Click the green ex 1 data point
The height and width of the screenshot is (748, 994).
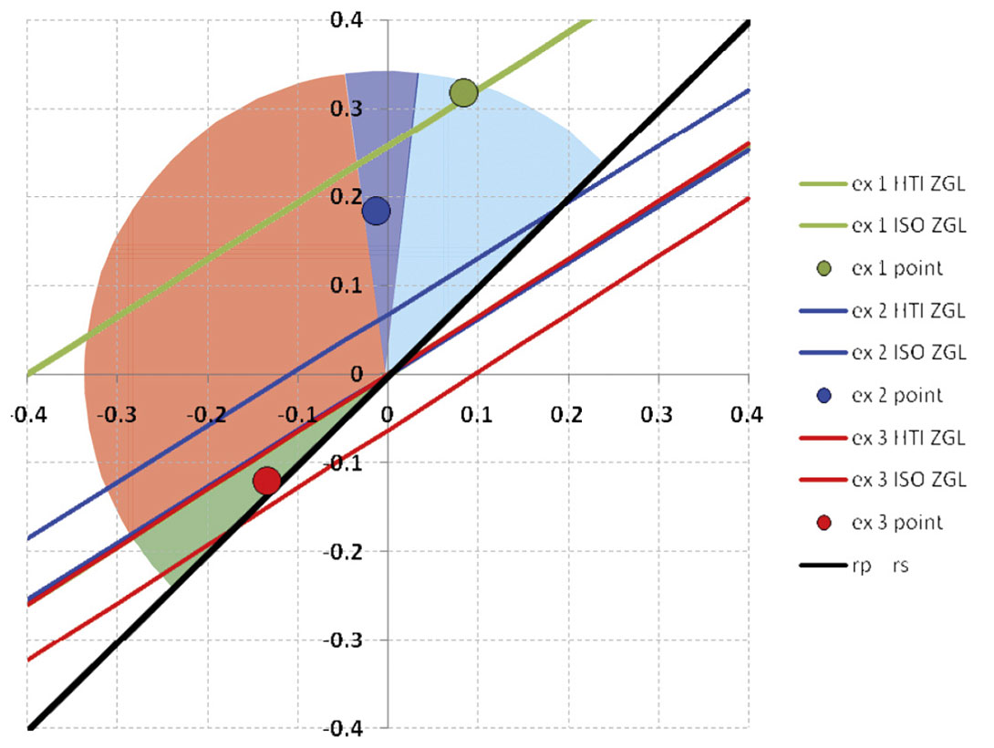click(x=463, y=92)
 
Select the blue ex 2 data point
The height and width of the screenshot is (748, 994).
click(x=376, y=211)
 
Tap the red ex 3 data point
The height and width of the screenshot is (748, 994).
click(x=266, y=480)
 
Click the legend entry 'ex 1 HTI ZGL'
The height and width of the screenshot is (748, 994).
click(x=907, y=185)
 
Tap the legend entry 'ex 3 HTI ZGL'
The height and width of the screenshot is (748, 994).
click(x=907, y=439)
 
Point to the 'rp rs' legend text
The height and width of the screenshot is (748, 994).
click(x=879, y=566)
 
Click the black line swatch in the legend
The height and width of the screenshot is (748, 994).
click(x=820, y=566)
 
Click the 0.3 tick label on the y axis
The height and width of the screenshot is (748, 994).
click(x=346, y=109)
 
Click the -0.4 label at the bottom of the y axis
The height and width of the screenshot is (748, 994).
click(x=344, y=729)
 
